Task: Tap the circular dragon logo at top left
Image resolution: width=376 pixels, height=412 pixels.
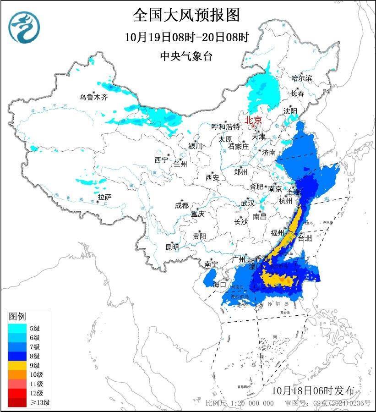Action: pyautogui.click(x=24, y=28)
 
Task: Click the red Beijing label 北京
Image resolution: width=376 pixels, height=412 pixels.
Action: pyautogui.click(x=253, y=120)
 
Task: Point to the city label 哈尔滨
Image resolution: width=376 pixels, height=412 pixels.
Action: pyautogui.click(x=301, y=78)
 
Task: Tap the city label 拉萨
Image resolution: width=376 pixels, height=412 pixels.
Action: pyautogui.click(x=104, y=197)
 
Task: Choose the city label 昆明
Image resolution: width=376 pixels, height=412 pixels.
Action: pyautogui.click(x=172, y=247)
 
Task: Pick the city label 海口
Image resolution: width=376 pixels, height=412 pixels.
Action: pyautogui.click(x=220, y=284)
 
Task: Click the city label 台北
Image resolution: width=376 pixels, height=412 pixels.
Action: pyautogui.click(x=305, y=238)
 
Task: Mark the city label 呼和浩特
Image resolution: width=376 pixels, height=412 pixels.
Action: pyautogui.click(x=225, y=126)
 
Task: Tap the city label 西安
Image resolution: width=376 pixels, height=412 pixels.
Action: pyautogui.click(x=213, y=177)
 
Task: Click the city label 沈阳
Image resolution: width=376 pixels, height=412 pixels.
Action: pyautogui.click(x=290, y=111)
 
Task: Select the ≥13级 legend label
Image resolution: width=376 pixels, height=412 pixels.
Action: pyautogui.click(x=40, y=403)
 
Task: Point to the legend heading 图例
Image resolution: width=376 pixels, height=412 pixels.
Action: pyautogui.click(x=18, y=316)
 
